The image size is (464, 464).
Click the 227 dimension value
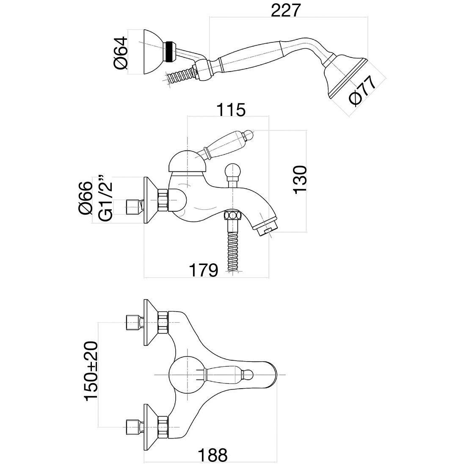click(x=286, y=11)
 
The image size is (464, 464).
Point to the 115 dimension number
click(x=231, y=110)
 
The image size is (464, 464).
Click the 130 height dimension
click(x=300, y=180)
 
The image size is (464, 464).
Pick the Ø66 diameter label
click(x=86, y=198)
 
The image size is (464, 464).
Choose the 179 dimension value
click(x=204, y=270)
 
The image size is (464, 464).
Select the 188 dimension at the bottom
click(x=213, y=455)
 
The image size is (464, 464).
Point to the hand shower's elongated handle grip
click(x=251, y=58)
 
